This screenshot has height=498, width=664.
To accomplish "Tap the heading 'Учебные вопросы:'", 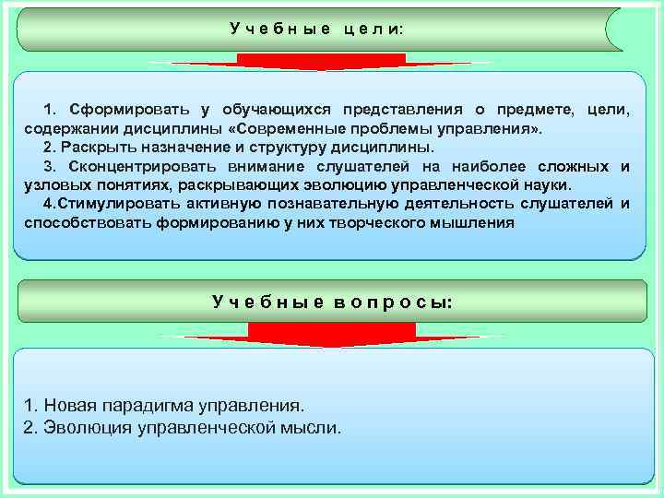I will (x=332, y=302).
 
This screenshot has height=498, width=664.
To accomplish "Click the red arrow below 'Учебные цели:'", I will (x=321, y=62).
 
